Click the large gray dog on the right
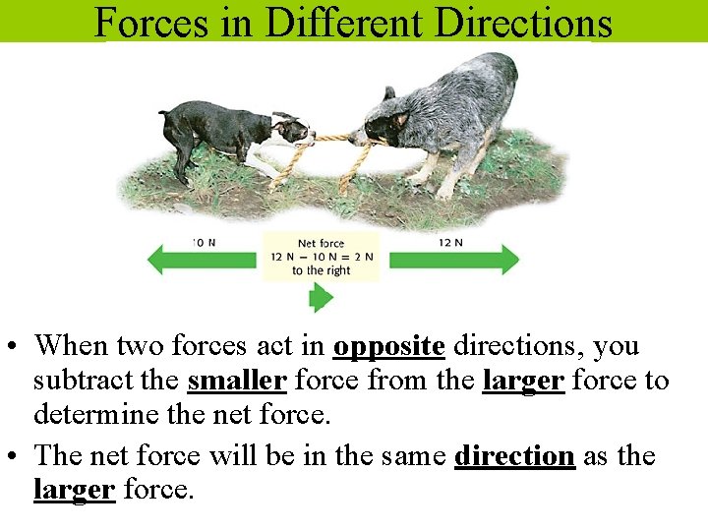[442, 113]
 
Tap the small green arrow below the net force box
[321, 297]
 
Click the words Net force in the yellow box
[321, 243]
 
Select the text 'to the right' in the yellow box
[321, 270]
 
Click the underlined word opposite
[389, 346]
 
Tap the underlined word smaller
[236, 382]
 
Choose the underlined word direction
[514, 456]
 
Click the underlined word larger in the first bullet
[523, 382]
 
